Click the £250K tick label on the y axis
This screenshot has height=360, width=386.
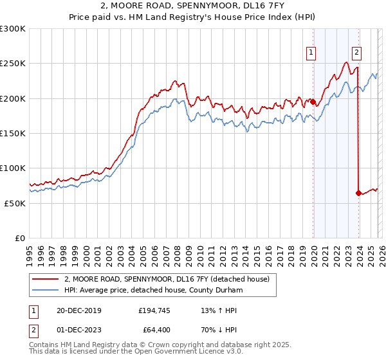tap(13, 64)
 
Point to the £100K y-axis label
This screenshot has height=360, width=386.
tap(13, 168)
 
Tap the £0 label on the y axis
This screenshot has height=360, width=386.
tap(21, 238)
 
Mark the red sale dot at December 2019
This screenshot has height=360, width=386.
tap(313, 102)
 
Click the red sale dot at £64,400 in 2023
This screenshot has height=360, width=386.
tap(358, 193)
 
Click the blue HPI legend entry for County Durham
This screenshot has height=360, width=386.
tap(153, 290)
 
